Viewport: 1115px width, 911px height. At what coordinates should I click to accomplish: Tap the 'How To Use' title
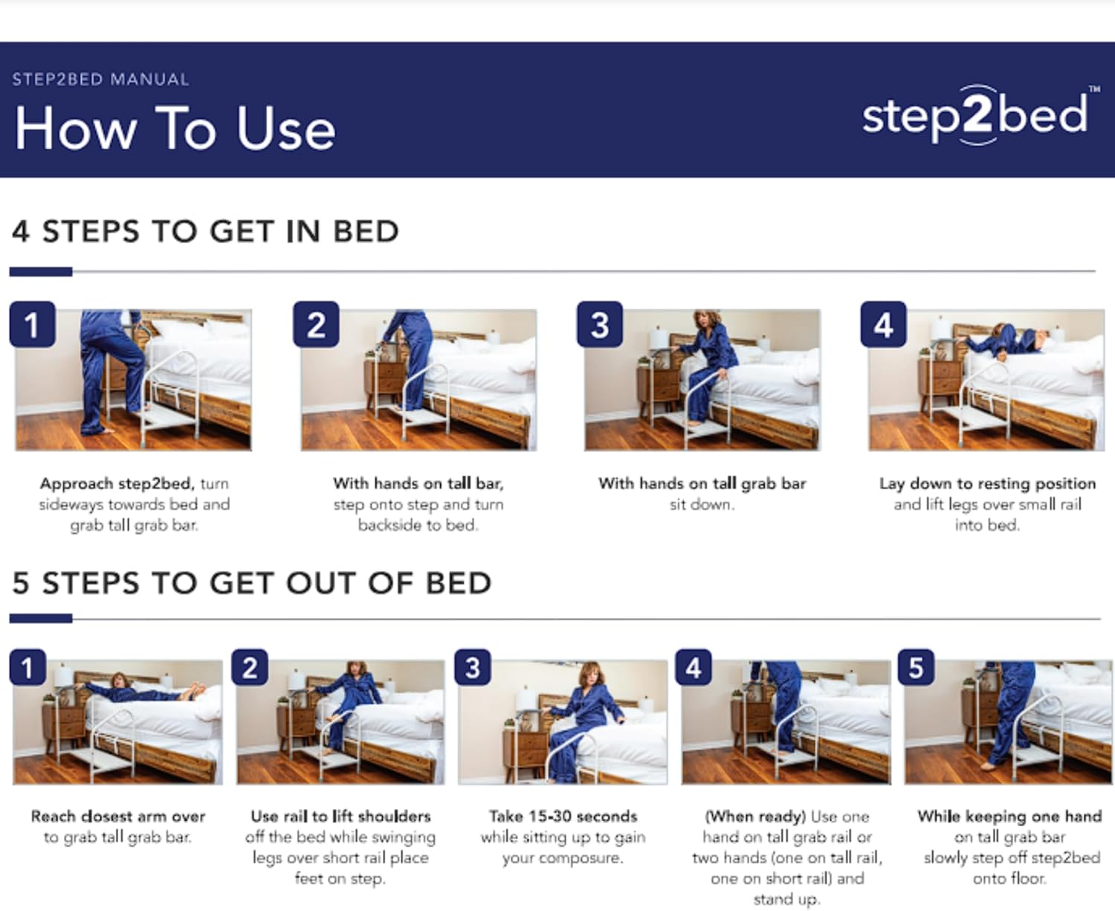tap(175, 128)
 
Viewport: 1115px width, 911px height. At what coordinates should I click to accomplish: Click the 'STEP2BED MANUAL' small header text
tap(100, 80)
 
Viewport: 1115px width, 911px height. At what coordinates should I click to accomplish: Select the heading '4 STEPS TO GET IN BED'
tap(205, 231)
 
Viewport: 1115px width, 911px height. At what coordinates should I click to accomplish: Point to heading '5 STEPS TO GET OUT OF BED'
tap(251, 583)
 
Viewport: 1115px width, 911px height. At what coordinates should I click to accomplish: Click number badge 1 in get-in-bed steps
tap(32, 325)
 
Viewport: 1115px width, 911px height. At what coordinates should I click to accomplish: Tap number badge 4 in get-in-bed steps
tap(883, 325)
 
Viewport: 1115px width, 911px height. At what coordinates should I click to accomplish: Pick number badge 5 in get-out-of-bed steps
tap(916, 668)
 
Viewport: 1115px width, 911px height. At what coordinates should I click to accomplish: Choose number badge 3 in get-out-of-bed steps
tap(472, 668)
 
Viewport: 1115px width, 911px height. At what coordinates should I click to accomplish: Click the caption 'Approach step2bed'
tap(117, 483)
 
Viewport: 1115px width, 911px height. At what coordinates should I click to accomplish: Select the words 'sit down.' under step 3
tap(702, 504)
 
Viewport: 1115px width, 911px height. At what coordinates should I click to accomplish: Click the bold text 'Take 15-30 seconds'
tap(563, 816)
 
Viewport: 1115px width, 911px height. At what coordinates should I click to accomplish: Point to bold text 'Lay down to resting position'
tap(987, 483)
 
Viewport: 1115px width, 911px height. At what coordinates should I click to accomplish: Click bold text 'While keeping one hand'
tap(1009, 816)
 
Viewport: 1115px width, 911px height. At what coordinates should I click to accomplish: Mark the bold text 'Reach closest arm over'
tap(117, 816)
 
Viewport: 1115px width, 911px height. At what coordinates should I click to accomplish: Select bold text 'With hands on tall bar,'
tap(418, 483)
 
